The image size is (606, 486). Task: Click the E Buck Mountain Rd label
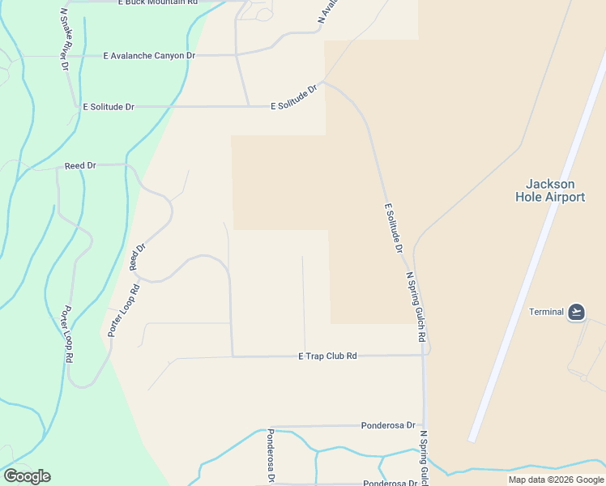pyautogui.click(x=158, y=3)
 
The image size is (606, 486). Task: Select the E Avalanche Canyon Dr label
pyautogui.click(x=150, y=55)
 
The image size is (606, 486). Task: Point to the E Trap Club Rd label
pyautogui.click(x=327, y=356)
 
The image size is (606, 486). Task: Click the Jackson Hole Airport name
pyautogui.click(x=550, y=190)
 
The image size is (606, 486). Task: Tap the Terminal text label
pyautogui.click(x=546, y=312)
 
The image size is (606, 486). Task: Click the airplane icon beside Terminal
pyautogui.click(x=576, y=312)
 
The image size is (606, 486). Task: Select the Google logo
pyautogui.click(x=27, y=476)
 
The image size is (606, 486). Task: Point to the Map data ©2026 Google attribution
pyautogui.click(x=556, y=480)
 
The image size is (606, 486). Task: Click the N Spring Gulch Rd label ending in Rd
pyautogui.click(x=415, y=307)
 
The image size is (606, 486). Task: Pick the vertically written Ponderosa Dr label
pyautogui.click(x=271, y=456)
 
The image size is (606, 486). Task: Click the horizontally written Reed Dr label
pyautogui.click(x=80, y=165)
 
